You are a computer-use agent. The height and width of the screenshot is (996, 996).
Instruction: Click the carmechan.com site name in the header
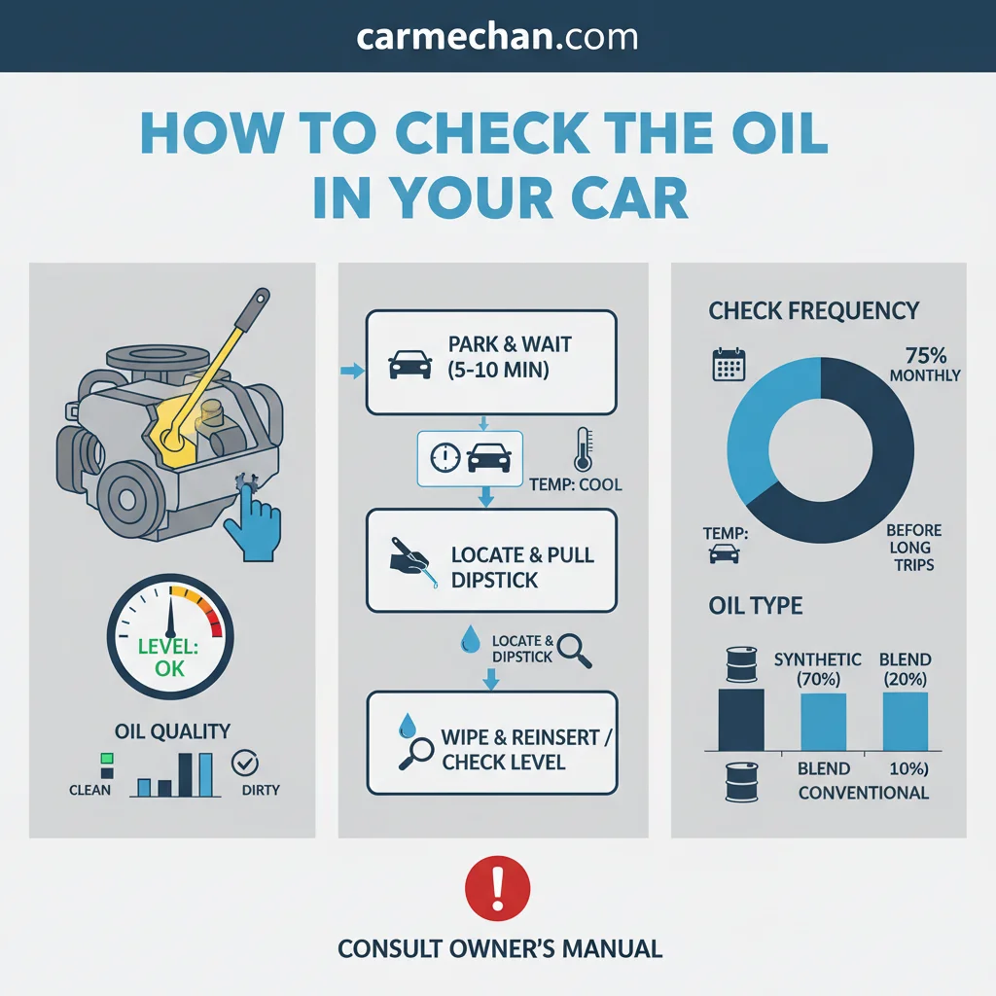pyautogui.click(x=497, y=38)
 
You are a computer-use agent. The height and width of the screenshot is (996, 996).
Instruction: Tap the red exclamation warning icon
pyautogui.click(x=497, y=888)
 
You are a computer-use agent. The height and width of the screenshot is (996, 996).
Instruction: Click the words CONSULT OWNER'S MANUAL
pyautogui.click(x=500, y=948)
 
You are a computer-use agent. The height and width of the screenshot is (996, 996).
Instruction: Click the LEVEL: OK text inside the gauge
pyautogui.click(x=169, y=658)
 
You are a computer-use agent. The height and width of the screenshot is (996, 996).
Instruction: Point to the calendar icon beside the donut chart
pyautogui.click(x=729, y=364)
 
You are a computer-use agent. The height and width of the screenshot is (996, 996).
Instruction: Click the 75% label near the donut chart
pyautogui.click(x=926, y=355)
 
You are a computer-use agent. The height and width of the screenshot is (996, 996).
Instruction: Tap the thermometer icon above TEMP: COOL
pyautogui.click(x=584, y=449)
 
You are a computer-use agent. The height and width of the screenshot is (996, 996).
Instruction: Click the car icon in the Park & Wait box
pyautogui.click(x=410, y=365)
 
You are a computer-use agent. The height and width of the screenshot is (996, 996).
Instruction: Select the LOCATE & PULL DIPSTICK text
pyautogui.click(x=522, y=567)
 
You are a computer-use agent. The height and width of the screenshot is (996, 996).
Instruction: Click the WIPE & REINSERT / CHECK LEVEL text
pyautogui.click(x=526, y=750)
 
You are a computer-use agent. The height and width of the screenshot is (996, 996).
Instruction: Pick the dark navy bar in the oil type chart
pyautogui.click(x=740, y=720)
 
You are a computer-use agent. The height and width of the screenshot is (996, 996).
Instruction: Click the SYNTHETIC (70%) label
pyautogui.click(x=817, y=669)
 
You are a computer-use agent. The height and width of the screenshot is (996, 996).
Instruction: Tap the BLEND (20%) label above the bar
pyautogui.click(x=906, y=669)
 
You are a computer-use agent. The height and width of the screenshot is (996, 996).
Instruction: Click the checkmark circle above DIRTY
pyautogui.click(x=244, y=763)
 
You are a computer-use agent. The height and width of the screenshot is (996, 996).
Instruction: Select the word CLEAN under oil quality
pyautogui.click(x=89, y=790)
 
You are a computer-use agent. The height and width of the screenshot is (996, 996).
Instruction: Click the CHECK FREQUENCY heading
pyautogui.click(x=814, y=310)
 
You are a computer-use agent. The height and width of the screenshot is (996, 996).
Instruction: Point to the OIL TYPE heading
pyautogui.click(x=755, y=605)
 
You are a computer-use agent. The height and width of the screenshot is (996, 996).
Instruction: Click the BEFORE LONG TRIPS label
pyautogui.click(x=913, y=548)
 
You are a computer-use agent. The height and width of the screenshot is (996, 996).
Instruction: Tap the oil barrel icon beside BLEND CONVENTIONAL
pyautogui.click(x=741, y=783)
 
